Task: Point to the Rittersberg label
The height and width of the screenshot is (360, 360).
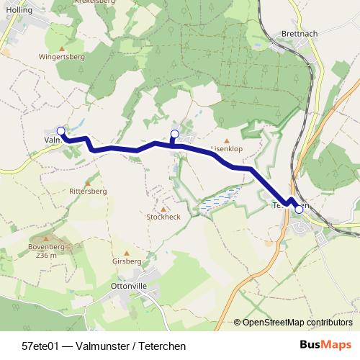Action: click(x=88, y=192)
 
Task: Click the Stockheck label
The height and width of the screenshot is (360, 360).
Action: click(x=163, y=217)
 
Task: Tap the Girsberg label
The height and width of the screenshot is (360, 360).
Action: click(x=127, y=261)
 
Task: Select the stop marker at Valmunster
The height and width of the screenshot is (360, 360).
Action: click(x=61, y=131)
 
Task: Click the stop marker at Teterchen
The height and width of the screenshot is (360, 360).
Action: click(x=299, y=210)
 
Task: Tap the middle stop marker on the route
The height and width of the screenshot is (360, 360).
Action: click(x=174, y=133)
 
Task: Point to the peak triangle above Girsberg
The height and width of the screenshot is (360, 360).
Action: click(x=127, y=252)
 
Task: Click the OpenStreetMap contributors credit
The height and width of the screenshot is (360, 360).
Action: click(x=297, y=323)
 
